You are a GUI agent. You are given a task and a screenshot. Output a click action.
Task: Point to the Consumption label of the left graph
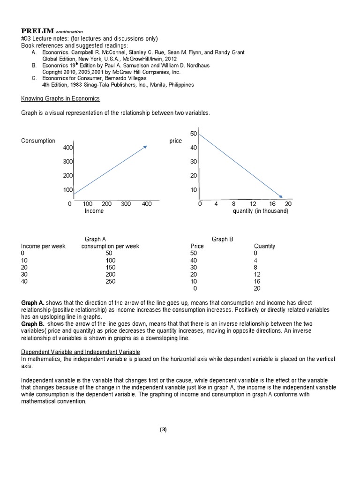(x=38, y=141)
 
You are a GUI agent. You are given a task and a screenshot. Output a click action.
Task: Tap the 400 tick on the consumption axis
(x=68, y=148)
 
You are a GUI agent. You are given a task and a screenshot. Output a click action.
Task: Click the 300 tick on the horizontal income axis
(x=125, y=204)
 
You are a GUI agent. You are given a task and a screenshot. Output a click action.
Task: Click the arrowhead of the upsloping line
(x=145, y=147)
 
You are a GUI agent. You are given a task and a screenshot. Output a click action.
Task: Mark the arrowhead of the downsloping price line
(x=280, y=196)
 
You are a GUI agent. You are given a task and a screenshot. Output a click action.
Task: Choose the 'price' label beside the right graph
(x=175, y=141)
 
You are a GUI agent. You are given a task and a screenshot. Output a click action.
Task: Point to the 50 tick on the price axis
(x=194, y=134)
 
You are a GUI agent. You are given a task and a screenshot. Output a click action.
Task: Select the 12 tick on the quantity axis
(x=253, y=204)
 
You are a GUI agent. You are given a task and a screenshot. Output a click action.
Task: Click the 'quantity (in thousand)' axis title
(x=261, y=211)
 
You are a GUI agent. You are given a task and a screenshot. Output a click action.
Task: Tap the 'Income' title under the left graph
(x=94, y=211)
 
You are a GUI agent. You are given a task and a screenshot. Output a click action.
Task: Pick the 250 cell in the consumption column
(x=110, y=282)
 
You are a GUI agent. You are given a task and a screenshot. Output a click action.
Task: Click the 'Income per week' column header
(x=43, y=246)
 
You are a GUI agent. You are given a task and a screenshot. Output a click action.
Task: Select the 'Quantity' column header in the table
(x=264, y=246)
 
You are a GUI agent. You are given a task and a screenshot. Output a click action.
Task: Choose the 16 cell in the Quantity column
(x=257, y=282)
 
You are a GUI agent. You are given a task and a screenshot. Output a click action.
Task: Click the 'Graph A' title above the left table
(x=95, y=239)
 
